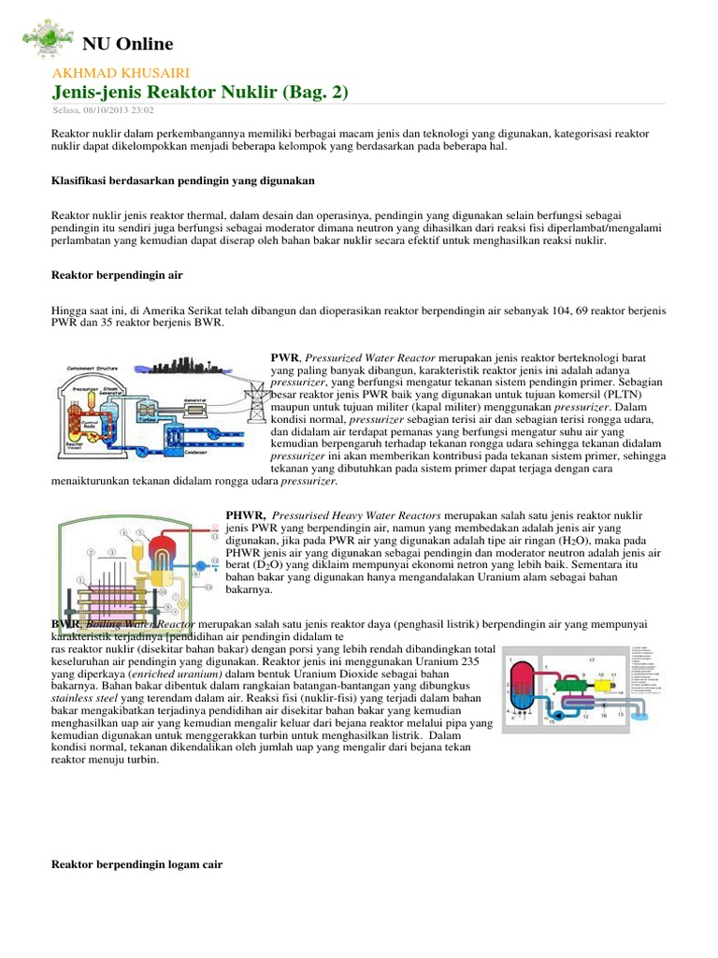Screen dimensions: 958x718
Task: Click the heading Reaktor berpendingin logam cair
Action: (x=136, y=865)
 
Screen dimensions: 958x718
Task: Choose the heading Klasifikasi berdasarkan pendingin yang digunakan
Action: (x=182, y=180)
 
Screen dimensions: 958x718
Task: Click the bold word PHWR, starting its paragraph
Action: (x=246, y=515)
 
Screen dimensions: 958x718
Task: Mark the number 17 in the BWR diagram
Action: (x=590, y=660)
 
